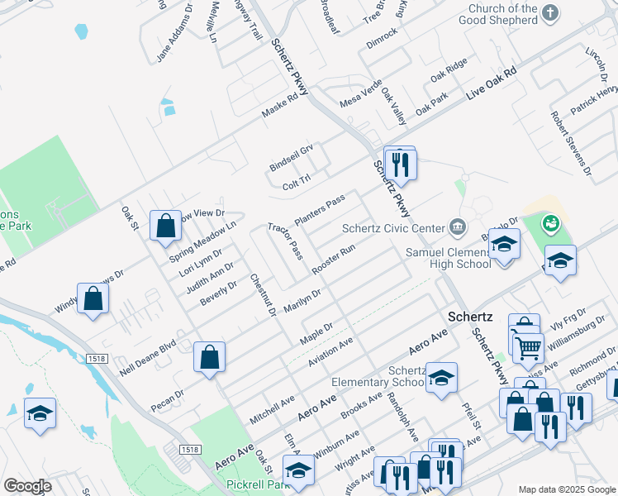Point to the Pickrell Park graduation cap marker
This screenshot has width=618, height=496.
click(x=302, y=471)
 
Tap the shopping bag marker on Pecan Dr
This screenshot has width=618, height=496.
click(x=210, y=357)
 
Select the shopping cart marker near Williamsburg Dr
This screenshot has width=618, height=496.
click(x=528, y=347)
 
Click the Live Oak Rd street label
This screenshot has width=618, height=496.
click(x=491, y=83)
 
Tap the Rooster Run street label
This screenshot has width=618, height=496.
click(x=334, y=259)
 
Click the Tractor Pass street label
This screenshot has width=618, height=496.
click(x=285, y=239)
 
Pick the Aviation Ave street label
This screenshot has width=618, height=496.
click(x=330, y=352)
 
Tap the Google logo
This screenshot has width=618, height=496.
click(x=27, y=486)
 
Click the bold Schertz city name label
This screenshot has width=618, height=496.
click(x=470, y=317)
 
